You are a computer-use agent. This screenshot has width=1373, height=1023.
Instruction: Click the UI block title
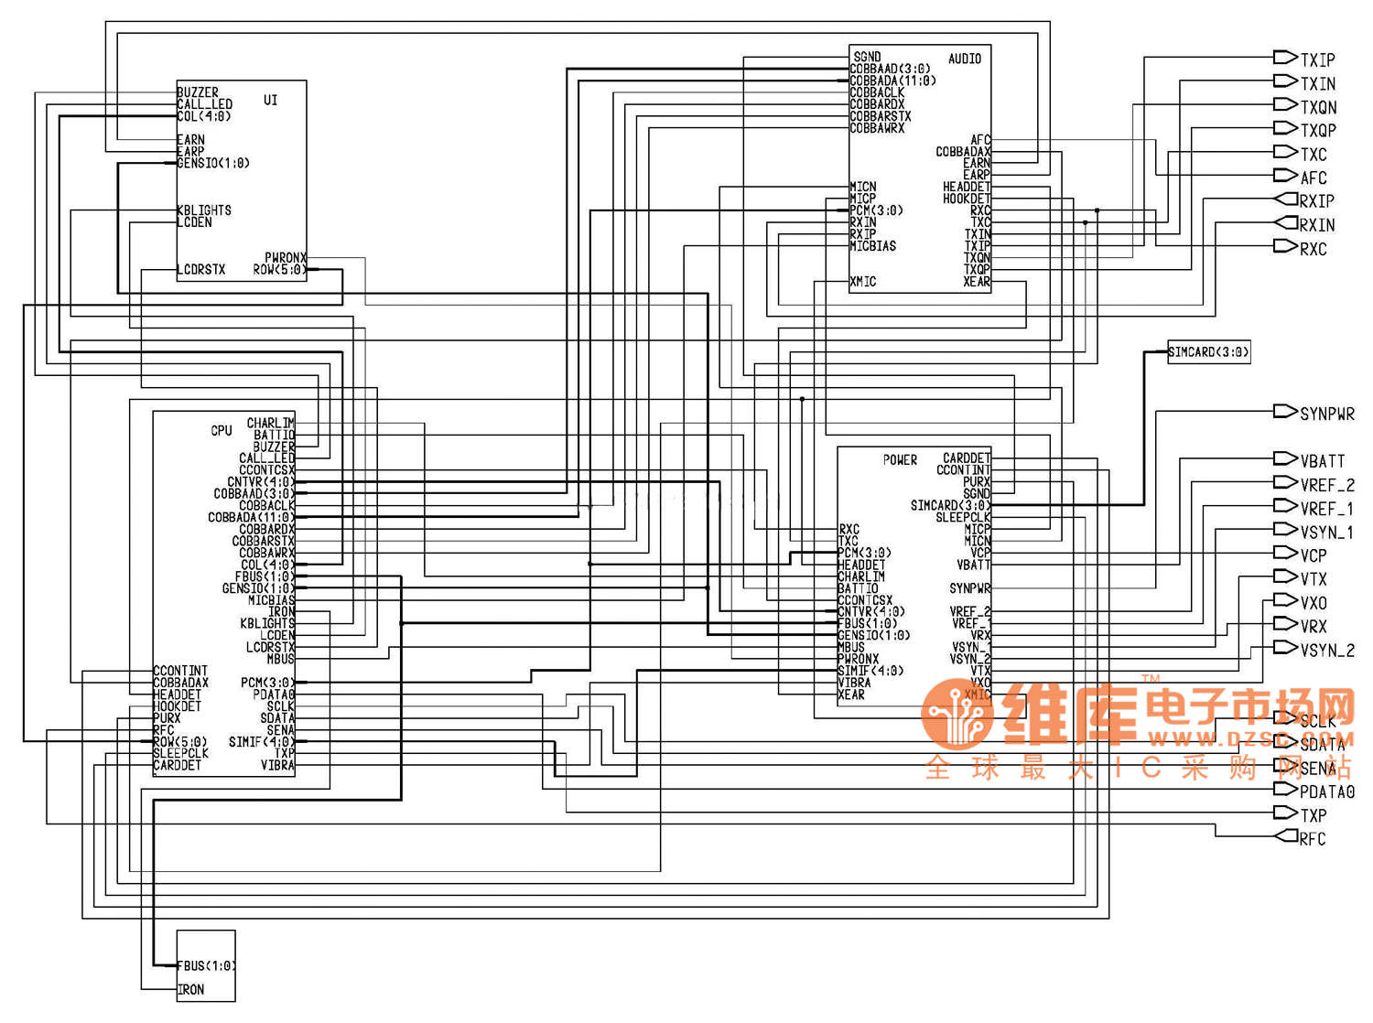coord(270,100)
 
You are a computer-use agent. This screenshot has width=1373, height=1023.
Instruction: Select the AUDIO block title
coord(965,59)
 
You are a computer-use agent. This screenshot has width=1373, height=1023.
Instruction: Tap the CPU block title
coord(222,430)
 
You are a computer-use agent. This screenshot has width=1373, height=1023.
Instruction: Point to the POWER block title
coord(900,460)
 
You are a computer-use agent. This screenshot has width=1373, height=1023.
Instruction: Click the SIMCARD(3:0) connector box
coord(1208,352)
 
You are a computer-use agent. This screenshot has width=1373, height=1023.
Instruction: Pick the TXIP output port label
coord(1317,60)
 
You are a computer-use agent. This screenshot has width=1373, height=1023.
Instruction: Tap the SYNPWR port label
coord(1326,415)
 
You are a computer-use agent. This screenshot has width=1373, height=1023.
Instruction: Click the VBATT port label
coord(1322,461)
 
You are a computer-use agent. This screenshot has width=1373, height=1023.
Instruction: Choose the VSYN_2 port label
coord(1326,651)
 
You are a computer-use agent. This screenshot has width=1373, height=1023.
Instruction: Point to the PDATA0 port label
coord(1326,791)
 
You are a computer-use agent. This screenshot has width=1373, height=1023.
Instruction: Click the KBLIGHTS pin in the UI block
coord(204,210)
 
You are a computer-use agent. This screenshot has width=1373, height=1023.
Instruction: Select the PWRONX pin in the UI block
coord(286,258)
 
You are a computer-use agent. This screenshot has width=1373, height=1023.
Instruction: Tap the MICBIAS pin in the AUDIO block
coord(873,246)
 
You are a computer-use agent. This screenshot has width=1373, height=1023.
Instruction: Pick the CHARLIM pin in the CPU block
coord(270,423)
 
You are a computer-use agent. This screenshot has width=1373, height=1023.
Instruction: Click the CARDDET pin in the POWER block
coord(967,458)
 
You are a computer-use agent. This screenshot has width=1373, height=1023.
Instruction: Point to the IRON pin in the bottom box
coord(191,989)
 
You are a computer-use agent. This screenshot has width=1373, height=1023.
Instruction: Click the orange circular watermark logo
coord(957,714)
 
